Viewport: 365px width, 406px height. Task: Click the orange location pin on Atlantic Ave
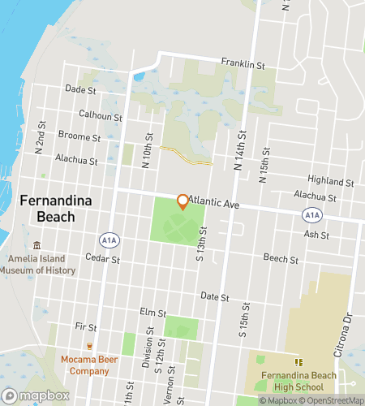(182, 201)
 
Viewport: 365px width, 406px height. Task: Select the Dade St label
(79, 89)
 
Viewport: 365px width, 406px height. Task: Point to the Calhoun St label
(100, 115)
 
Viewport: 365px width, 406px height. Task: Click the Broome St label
(79, 136)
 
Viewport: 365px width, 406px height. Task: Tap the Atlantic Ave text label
(213, 206)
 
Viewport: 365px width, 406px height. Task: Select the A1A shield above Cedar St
(108, 240)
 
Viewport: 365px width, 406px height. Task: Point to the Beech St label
(281, 257)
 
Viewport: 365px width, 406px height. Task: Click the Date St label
(213, 297)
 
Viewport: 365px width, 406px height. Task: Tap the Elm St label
(152, 312)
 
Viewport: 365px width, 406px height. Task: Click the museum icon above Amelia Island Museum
(36, 245)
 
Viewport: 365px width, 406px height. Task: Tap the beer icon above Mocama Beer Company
(89, 345)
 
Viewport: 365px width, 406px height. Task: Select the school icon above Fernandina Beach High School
(299, 361)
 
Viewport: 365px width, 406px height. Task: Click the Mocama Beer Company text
(84, 365)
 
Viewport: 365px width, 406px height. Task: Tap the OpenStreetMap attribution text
(333, 400)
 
